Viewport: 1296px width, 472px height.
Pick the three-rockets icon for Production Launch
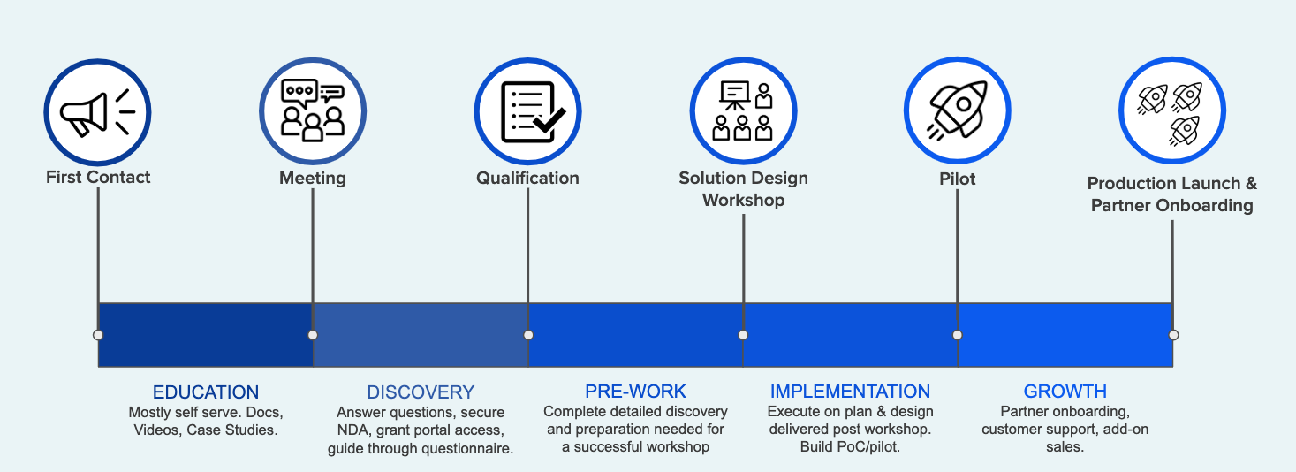click(x=1172, y=112)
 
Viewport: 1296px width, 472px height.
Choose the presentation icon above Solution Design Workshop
click(x=743, y=112)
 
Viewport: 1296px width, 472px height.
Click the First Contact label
click(x=98, y=177)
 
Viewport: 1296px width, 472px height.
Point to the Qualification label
click(x=527, y=178)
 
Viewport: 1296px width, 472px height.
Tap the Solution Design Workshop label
click(x=743, y=189)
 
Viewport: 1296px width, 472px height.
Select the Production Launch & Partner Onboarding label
click(x=1171, y=194)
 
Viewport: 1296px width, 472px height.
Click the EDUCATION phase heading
click(x=206, y=392)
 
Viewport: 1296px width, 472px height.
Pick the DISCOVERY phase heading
click(x=421, y=392)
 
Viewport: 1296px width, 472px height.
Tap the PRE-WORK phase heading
click(x=635, y=392)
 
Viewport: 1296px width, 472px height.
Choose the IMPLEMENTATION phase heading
click(x=850, y=392)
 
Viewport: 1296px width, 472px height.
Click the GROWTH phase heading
click(x=1065, y=392)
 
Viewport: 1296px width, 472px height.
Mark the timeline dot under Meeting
click(x=313, y=335)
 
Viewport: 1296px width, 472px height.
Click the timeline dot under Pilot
click(x=958, y=335)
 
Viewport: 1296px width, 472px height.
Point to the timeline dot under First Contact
click(x=98, y=335)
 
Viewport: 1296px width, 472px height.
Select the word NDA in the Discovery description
click(x=352, y=430)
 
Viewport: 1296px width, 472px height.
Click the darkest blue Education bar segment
click(x=205, y=335)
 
